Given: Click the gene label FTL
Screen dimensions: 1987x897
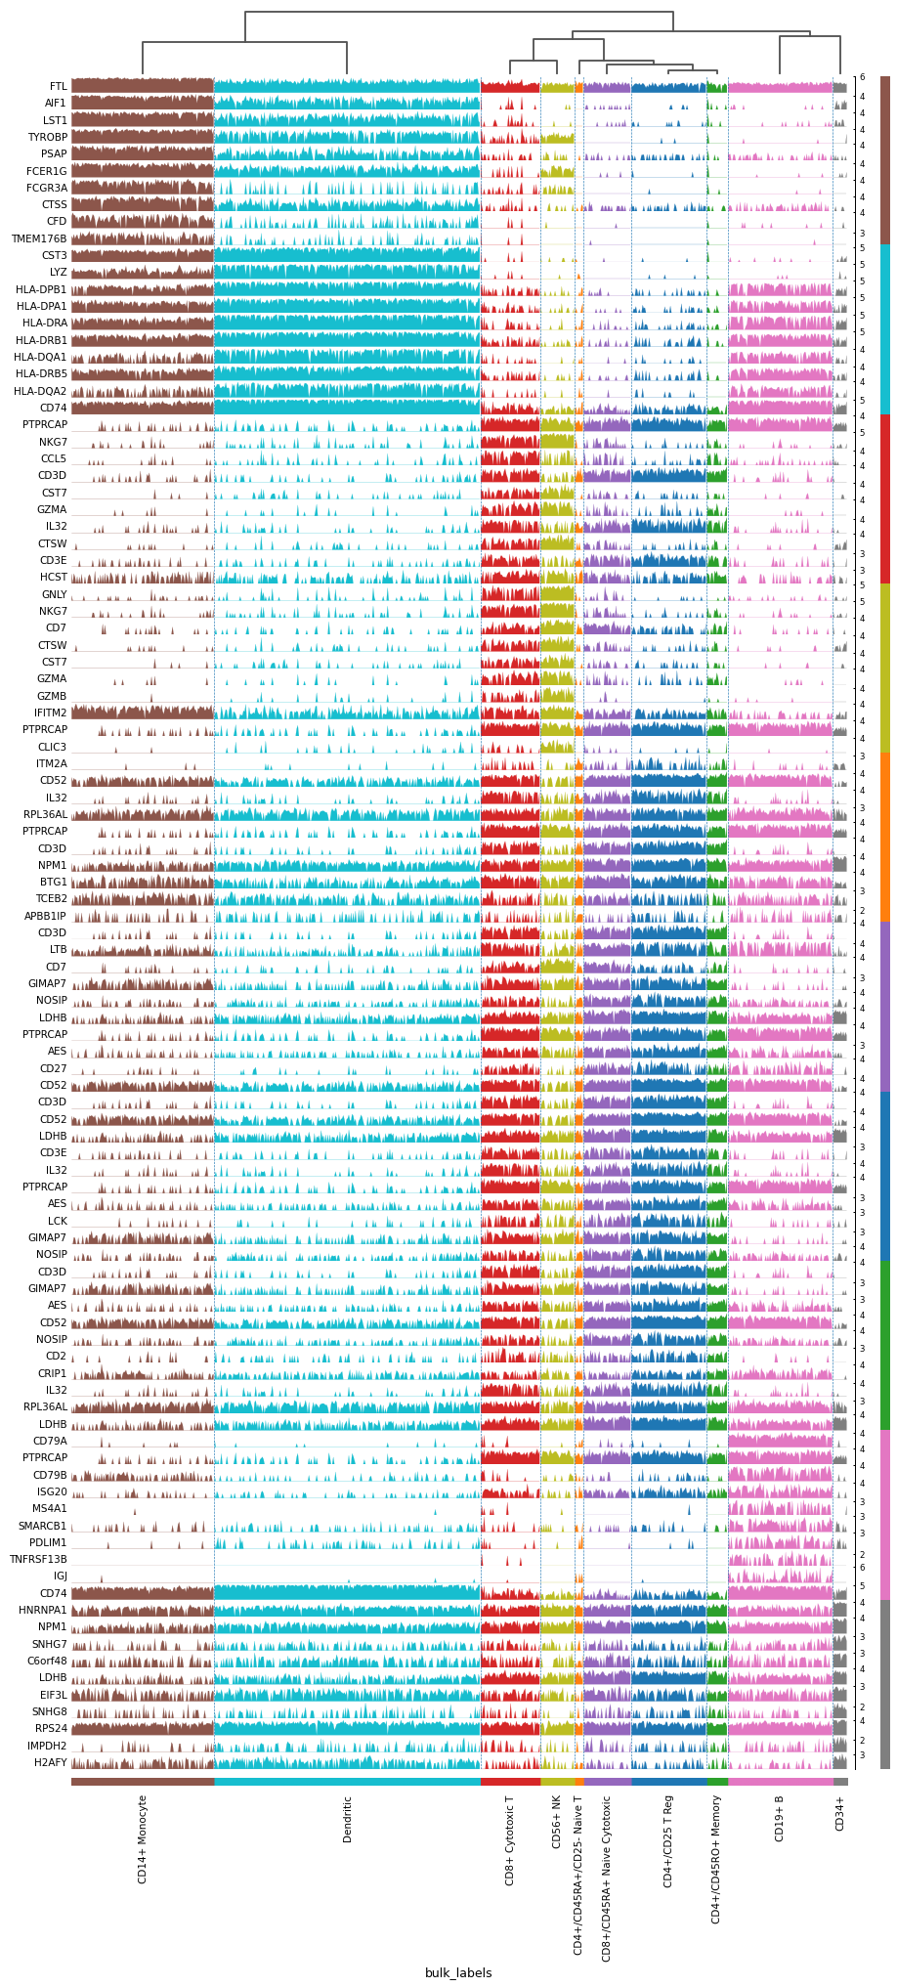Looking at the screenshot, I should (59, 86).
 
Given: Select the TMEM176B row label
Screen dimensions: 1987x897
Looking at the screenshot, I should (39, 238).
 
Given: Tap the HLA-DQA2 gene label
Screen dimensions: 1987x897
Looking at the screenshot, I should (41, 391).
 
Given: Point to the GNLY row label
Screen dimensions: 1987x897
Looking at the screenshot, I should (54, 594).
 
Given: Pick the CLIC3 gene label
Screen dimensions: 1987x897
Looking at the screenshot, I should (52, 747).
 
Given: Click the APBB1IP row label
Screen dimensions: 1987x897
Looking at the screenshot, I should (46, 916).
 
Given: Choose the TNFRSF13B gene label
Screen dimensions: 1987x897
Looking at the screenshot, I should (39, 1559).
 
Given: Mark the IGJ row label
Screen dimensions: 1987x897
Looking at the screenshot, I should (61, 1576).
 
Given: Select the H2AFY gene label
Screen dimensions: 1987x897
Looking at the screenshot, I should (51, 1762).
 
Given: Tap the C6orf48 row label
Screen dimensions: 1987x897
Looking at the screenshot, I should (47, 1661).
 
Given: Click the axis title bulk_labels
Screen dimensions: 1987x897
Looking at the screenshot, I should (458, 1972).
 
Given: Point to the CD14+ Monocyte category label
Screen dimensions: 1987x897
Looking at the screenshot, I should (143, 1838).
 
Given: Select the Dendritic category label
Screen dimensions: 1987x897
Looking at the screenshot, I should (347, 1819).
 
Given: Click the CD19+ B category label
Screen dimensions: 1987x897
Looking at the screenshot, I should (780, 1818).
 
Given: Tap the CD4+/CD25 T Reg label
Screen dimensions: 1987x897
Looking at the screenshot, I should (668, 1840).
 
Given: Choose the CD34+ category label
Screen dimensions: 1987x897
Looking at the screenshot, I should (840, 1813).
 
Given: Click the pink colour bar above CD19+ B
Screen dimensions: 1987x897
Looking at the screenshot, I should (780, 1781).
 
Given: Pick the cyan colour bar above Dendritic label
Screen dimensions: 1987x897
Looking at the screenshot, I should (347, 1781).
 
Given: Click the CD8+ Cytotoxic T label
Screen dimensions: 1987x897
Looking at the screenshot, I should (509, 1839).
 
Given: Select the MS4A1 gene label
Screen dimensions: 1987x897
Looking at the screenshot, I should (50, 1508).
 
